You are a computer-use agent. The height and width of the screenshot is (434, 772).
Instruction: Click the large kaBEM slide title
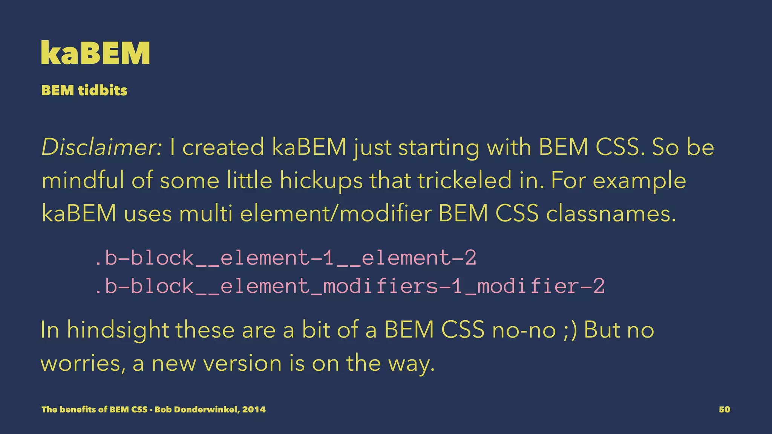point(95,53)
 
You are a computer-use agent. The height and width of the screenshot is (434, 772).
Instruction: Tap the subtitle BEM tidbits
point(84,90)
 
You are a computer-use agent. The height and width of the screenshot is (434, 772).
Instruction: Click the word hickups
point(321,180)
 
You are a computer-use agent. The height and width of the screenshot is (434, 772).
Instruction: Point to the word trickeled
point(464,180)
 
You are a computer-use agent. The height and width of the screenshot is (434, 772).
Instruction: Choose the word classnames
point(611,213)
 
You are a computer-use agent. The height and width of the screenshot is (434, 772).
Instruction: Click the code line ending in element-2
point(285,258)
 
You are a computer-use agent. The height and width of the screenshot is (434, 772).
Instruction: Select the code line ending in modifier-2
point(349,286)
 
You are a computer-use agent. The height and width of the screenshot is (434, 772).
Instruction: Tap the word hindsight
point(118,330)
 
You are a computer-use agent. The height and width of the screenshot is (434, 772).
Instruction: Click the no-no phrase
point(524,330)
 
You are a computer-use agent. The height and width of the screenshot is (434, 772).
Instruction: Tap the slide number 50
point(724,410)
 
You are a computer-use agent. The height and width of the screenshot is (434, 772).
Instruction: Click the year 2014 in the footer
point(254,410)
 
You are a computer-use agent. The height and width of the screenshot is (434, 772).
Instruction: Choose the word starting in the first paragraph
point(439,147)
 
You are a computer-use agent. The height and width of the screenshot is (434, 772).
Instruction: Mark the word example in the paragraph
point(639,180)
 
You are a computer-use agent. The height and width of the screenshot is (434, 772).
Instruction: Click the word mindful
point(83,180)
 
